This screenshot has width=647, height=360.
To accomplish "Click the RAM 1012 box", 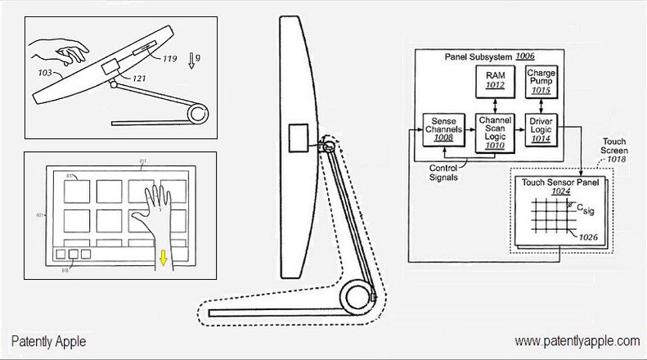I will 496,82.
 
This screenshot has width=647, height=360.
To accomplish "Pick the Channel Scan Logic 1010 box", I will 496,133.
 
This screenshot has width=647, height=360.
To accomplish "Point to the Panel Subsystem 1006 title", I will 489,56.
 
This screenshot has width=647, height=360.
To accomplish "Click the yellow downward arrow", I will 163,259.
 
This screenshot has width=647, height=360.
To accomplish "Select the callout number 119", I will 169,59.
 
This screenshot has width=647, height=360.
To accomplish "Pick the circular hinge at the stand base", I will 356,295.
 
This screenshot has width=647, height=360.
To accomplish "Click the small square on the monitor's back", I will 295,137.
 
